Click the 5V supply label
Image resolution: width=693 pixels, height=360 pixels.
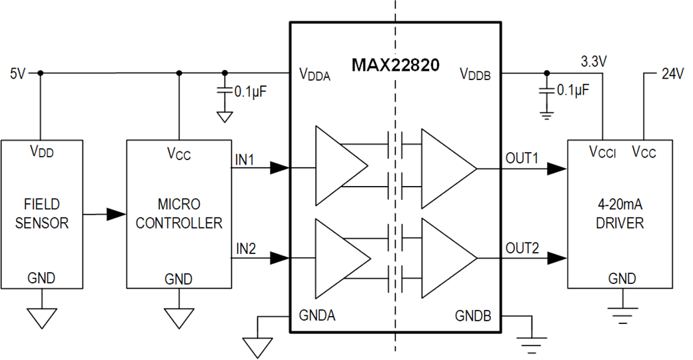17,73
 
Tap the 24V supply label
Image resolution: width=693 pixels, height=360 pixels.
672,74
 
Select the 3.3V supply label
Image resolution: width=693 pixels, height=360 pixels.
593,63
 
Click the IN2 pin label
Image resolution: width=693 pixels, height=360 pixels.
246,249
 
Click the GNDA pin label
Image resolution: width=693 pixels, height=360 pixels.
317,315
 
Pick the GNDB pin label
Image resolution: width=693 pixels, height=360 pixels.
473,315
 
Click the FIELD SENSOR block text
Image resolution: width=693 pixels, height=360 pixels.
41,213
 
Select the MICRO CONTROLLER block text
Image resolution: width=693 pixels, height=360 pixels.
179,213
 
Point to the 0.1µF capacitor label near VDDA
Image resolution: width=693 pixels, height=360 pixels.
251,91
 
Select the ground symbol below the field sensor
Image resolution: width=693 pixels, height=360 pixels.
41,317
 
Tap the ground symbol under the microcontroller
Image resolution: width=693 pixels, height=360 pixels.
179,317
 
